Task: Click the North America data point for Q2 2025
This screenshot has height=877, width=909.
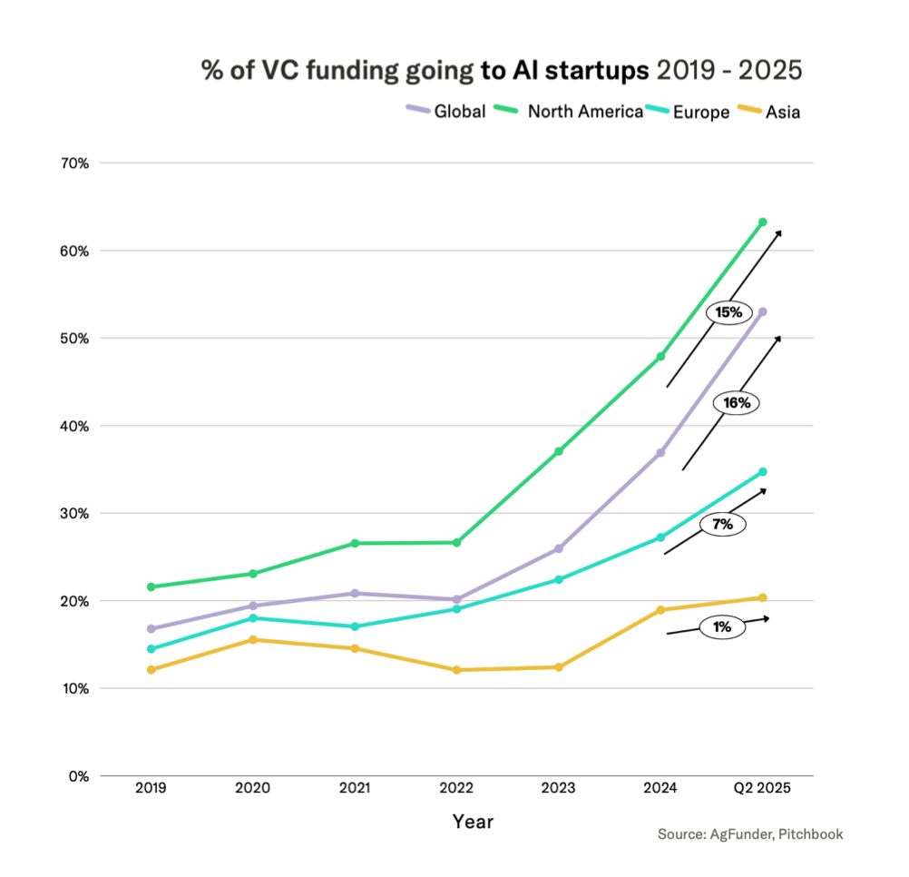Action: click(x=762, y=222)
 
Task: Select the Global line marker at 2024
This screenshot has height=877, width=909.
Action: click(x=660, y=452)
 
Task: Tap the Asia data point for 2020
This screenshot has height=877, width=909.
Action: click(x=252, y=640)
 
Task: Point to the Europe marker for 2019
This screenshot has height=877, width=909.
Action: click(x=151, y=649)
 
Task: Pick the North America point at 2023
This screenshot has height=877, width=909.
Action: click(x=559, y=451)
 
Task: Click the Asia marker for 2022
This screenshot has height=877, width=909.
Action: click(x=456, y=670)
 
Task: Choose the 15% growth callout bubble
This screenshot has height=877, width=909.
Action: click(x=729, y=312)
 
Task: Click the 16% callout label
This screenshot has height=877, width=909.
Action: click(x=736, y=402)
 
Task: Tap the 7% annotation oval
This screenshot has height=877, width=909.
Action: click(x=722, y=525)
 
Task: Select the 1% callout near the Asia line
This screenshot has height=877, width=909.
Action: click(x=722, y=626)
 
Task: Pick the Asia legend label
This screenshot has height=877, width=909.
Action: click(x=783, y=113)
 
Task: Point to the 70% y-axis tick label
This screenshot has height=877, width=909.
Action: click(x=76, y=163)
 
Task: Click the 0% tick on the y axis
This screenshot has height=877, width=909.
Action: click(x=80, y=776)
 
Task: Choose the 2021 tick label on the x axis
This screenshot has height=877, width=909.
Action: click(x=355, y=789)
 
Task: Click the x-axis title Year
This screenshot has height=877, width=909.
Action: click(x=474, y=823)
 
